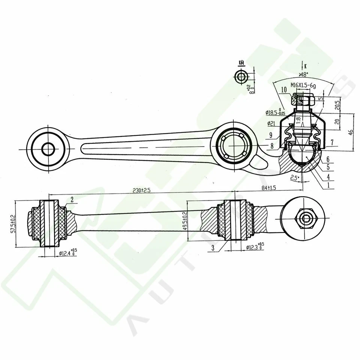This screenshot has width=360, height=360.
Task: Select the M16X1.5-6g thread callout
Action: pyautogui.click(x=303, y=86)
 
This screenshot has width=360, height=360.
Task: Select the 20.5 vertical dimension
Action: pyautogui.click(x=338, y=104)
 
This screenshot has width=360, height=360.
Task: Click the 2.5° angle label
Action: pyautogui.click(x=294, y=178)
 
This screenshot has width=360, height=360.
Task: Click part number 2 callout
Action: pyautogui.click(x=71, y=199)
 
